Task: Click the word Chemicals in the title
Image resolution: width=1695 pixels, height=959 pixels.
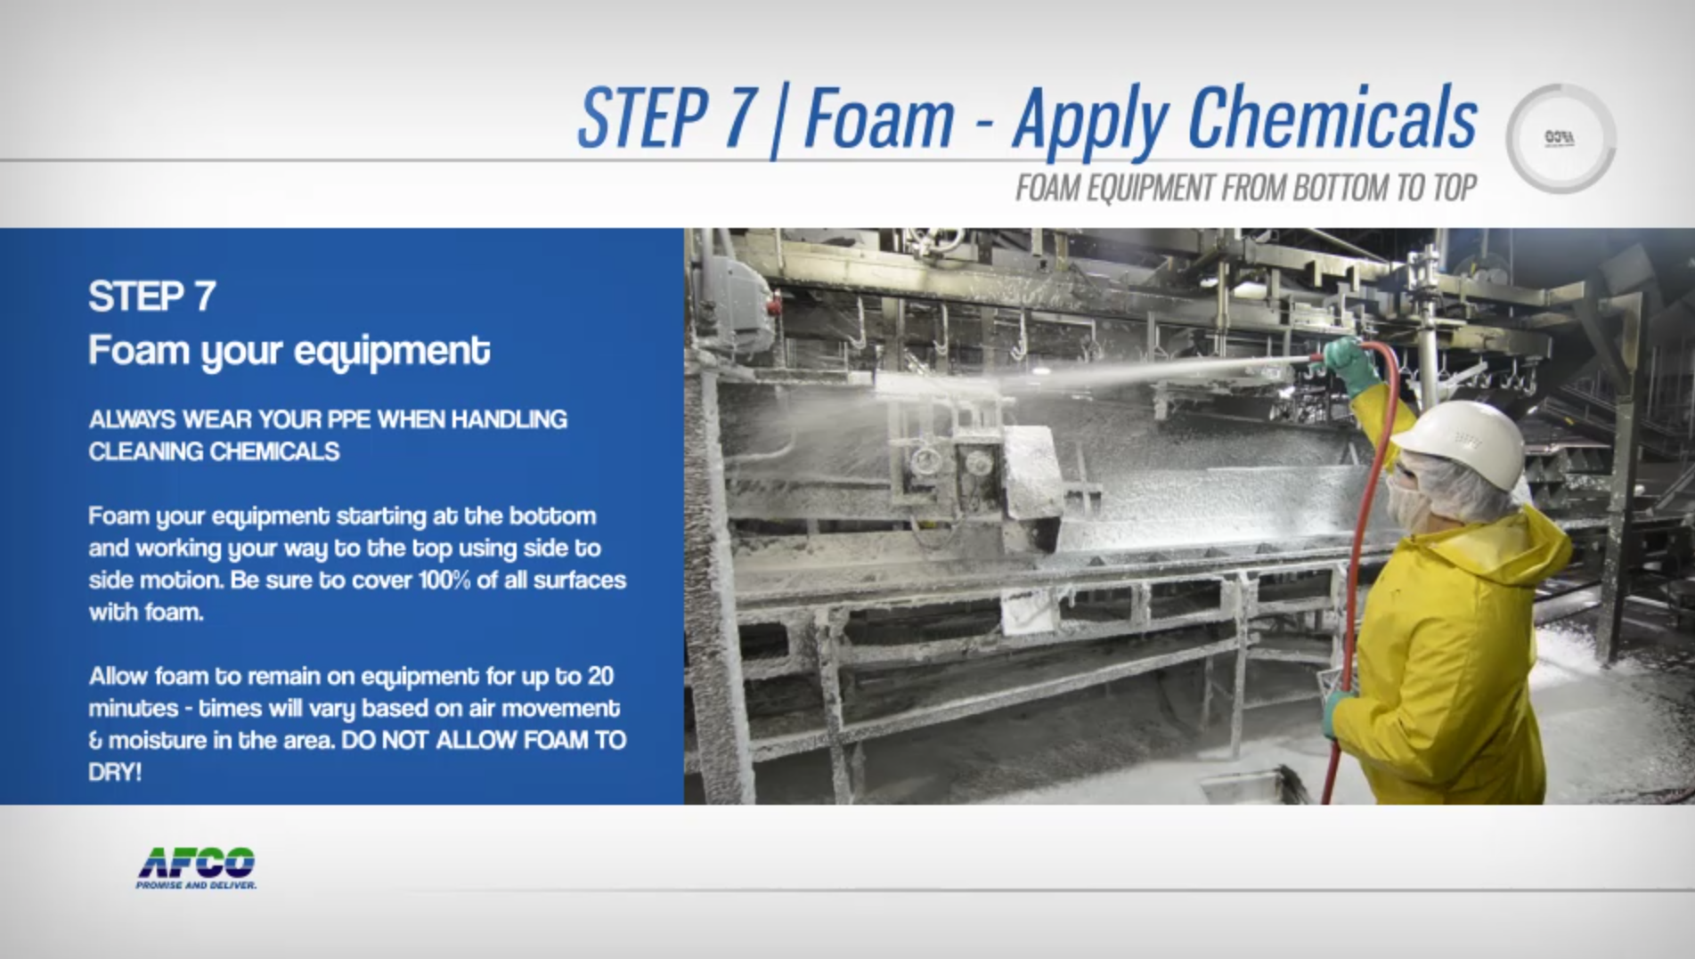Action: coord(1332,120)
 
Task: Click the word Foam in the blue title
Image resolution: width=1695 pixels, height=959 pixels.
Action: coord(878,120)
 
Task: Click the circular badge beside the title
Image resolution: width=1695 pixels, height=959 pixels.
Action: coord(1560,139)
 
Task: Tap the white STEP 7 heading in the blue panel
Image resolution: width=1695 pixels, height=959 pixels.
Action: coord(152,297)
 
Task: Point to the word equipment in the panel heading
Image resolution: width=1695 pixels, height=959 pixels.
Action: coord(392,351)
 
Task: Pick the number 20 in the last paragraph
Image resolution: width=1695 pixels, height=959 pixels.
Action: coord(600,677)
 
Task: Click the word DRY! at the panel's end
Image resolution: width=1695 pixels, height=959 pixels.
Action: coord(115,773)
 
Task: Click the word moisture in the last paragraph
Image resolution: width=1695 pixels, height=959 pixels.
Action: coord(158,741)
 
